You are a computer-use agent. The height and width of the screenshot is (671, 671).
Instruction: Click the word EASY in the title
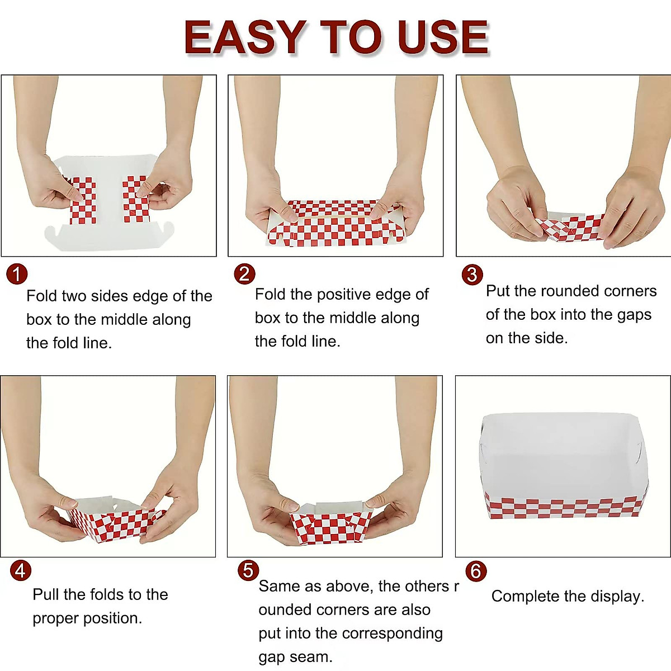pyautogui.click(x=244, y=37)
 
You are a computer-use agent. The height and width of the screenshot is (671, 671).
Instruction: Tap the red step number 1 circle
pyautogui.click(x=17, y=274)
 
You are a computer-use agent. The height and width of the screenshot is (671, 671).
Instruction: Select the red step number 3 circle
pyautogui.click(x=472, y=274)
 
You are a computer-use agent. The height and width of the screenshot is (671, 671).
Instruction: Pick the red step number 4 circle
pyautogui.click(x=20, y=570)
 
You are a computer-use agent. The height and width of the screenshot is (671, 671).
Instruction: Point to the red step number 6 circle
pyautogui.click(x=476, y=570)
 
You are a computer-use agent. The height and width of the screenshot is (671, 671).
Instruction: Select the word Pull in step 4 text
pyautogui.click(x=45, y=594)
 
